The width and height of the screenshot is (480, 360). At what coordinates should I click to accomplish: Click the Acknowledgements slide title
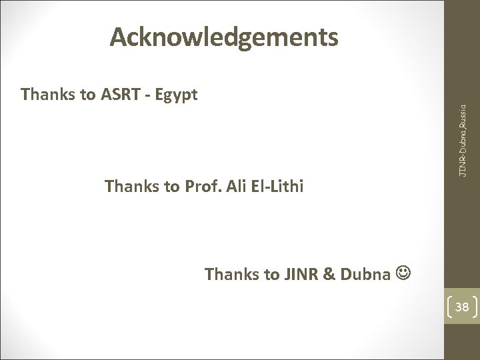[x=225, y=39]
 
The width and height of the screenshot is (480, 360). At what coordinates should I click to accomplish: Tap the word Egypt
[x=178, y=95]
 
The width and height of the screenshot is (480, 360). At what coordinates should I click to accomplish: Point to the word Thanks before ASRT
[x=48, y=95]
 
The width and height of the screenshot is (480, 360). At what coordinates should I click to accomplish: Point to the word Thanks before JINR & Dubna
[x=231, y=274]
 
